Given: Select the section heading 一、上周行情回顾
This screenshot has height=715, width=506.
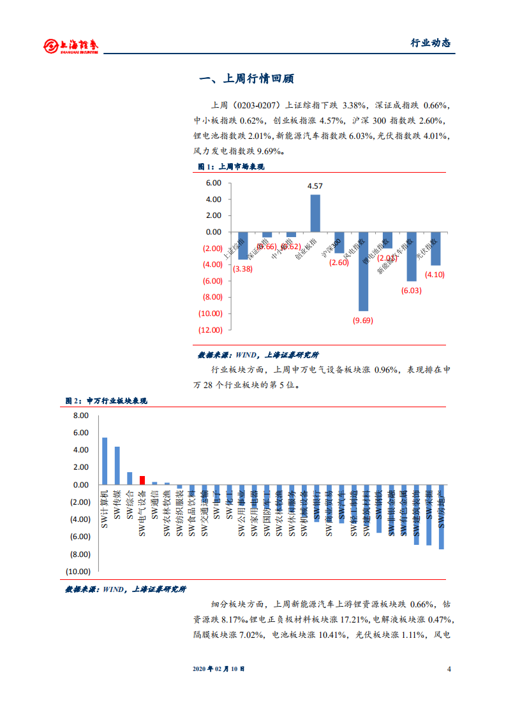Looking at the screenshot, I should pyautogui.click(x=246, y=80).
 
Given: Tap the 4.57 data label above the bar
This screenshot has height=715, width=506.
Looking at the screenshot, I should pyautogui.click(x=315, y=186).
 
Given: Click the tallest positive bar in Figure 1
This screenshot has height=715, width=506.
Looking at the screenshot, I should pyautogui.click(x=315, y=213).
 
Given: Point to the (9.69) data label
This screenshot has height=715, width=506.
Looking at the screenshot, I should pyautogui.click(x=363, y=321).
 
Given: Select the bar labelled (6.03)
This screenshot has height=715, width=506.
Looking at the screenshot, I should pyautogui.click(x=412, y=256).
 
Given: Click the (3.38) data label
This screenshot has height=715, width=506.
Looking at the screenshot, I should pyautogui.click(x=243, y=269).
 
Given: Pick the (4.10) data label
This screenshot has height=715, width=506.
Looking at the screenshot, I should pyautogui.click(x=436, y=274).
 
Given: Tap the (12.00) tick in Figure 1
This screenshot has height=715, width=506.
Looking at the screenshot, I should pyautogui.click(x=210, y=329).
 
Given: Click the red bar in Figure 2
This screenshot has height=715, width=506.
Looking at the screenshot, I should pyautogui.click(x=142, y=480).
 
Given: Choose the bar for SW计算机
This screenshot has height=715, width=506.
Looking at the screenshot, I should pyautogui.click(x=105, y=461).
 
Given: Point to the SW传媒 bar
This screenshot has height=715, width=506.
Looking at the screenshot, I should pyautogui.click(x=117, y=465).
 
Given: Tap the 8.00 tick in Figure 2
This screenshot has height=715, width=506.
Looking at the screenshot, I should pyautogui.click(x=80, y=415).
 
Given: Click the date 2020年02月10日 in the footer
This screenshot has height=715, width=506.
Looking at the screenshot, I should pyautogui.click(x=218, y=669).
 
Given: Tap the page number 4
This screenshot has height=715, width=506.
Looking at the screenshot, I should pyautogui.click(x=449, y=669).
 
